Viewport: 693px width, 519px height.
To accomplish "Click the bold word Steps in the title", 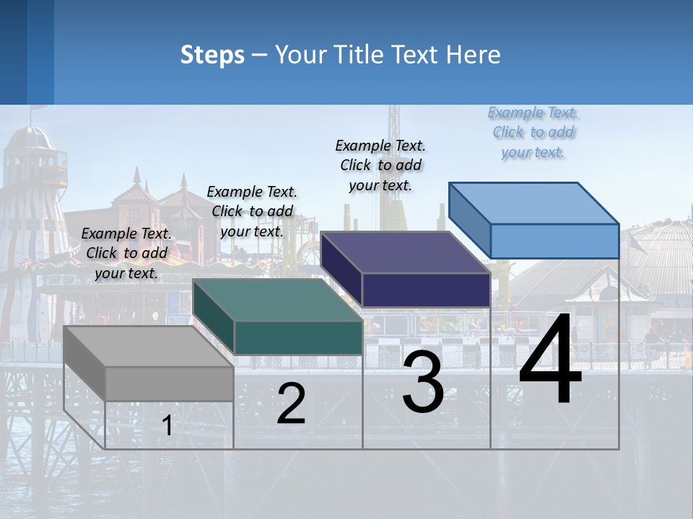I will tap(212, 55).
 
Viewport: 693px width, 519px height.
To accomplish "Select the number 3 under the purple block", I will tap(423, 383).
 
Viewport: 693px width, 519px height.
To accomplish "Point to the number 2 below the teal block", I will tap(291, 404).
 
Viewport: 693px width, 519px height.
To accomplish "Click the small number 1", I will tap(167, 426).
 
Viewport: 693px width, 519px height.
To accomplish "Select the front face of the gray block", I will tap(170, 383).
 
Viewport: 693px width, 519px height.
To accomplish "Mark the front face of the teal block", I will tap(298, 337).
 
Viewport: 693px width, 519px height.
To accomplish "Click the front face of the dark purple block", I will tap(426, 290).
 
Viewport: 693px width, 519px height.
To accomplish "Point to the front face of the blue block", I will tap(554, 241).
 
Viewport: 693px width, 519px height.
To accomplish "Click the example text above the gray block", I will tap(126, 253).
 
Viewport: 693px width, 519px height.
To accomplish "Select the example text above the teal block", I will tap(252, 211).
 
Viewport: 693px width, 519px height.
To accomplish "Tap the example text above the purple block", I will tap(380, 165).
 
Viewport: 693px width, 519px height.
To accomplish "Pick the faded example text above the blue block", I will tap(533, 132).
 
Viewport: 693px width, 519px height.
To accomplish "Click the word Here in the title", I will tap(474, 55).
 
